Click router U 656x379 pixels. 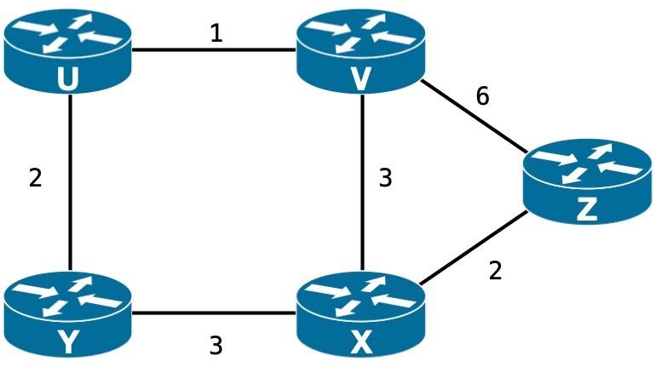[x=67, y=51]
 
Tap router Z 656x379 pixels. [x=587, y=185]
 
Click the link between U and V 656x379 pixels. [x=213, y=49]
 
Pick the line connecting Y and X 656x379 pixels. [x=213, y=312]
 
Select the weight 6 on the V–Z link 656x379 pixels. [x=483, y=96]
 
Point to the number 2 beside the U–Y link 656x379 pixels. [x=35, y=179]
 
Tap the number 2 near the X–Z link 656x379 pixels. [x=496, y=273]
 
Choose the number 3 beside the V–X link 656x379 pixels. [x=385, y=179]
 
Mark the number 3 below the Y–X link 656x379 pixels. [x=216, y=346]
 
